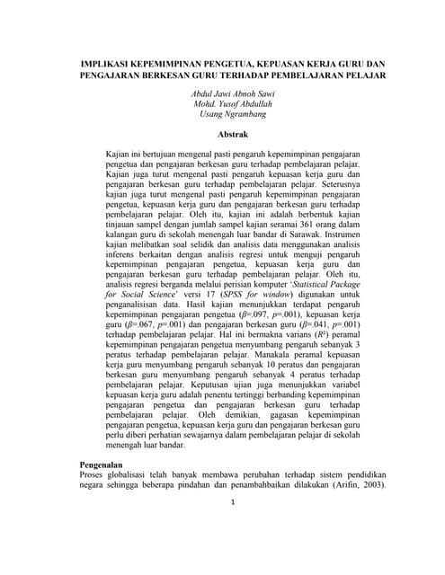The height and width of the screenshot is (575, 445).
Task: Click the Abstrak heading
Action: tap(221, 134)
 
